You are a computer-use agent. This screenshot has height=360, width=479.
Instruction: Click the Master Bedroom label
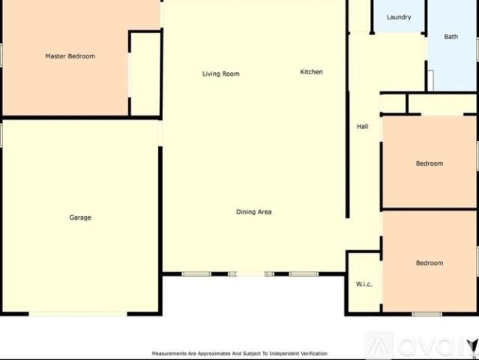pos(70,56)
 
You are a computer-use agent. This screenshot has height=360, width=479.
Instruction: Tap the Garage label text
pos(80,217)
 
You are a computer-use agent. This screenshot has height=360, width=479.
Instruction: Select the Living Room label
pos(221,73)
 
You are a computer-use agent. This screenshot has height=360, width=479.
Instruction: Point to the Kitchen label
pos(311,72)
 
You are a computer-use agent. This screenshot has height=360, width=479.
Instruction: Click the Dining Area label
pos(254,211)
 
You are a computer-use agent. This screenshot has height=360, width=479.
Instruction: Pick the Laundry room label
pos(399,17)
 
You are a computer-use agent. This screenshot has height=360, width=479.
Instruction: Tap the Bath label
pos(451,37)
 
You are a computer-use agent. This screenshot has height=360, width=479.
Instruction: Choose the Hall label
pos(363,127)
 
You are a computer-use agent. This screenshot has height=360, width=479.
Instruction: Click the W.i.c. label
pos(364,284)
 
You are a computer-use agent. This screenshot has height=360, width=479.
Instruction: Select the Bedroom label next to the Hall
pos(430,163)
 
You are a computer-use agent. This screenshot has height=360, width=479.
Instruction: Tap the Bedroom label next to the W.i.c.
pos(430,262)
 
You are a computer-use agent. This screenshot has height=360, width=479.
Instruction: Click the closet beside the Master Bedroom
pos(145,73)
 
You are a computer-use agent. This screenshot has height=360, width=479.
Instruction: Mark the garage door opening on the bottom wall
pos(78,313)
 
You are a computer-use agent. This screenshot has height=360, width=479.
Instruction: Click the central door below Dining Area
pos(251,274)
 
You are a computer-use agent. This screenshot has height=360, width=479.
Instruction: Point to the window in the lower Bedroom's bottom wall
pos(427,313)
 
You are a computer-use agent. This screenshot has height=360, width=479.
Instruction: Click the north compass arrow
pos(473,347)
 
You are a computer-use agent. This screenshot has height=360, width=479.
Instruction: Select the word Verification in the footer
pos(314,353)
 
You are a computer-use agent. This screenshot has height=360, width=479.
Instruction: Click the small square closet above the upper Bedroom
pos(394,103)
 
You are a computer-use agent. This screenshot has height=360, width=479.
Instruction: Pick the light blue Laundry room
pos(399,16)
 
